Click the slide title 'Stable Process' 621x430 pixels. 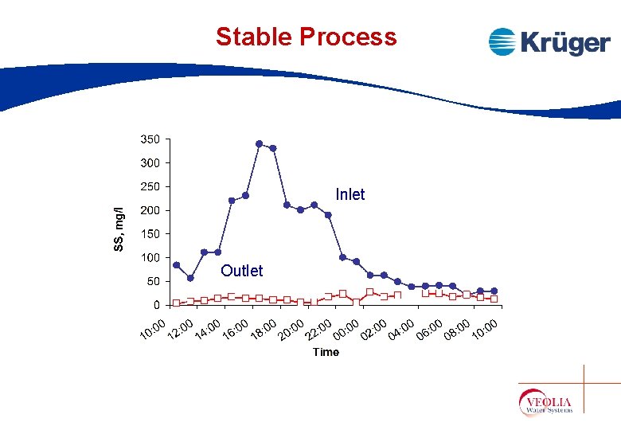[x=306, y=37]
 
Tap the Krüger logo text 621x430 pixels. [x=565, y=42]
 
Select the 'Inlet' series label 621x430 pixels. [x=350, y=195]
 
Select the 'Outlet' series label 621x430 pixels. [x=241, y=271]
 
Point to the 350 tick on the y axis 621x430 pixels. [x=150, y=139]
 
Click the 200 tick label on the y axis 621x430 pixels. [x=150, y=210]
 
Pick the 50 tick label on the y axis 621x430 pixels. [x=152, y=281]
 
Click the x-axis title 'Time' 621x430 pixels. [x=326, y=352]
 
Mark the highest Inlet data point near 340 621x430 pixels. [x=260, y=144]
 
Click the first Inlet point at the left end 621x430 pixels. [x=177, y=265]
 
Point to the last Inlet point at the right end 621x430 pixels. [x=494, y=291]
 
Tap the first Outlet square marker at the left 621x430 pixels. [x=177, y=303]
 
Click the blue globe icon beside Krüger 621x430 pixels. [x=502, y=41]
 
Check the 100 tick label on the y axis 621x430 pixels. [x=150, y=258]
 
